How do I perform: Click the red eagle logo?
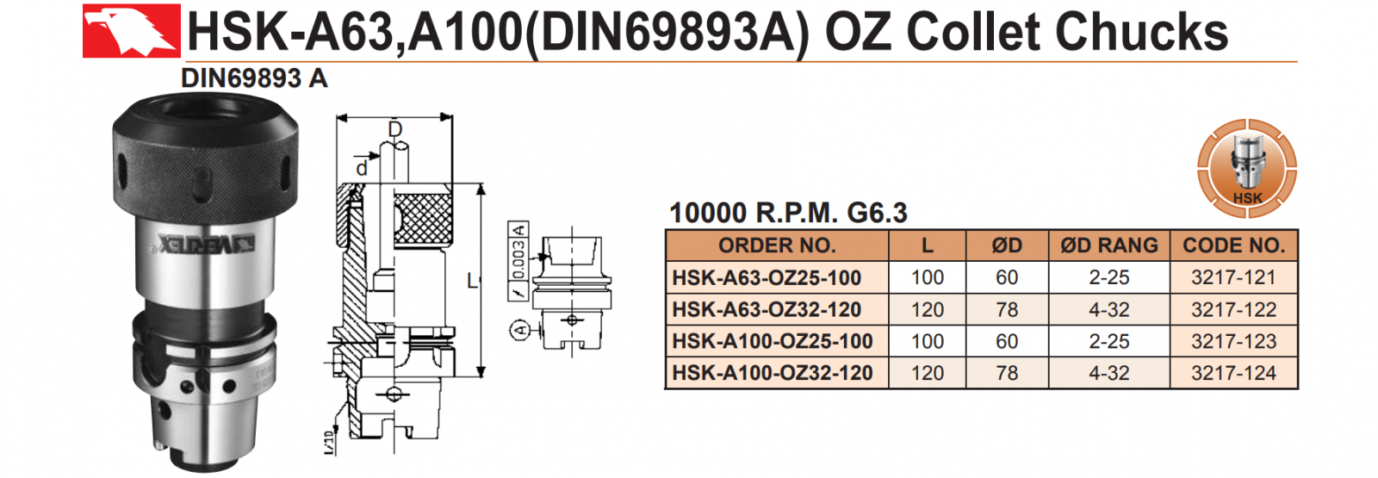pos(131,31)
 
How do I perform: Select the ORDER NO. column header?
pos(777,245)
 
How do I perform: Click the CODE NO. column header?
pos(1233,245)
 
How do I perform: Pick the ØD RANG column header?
pos(1109,245)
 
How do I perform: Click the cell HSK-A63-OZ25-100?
pos(767,277)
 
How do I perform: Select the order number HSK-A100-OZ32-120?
pos(773,373)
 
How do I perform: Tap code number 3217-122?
pos(1233,309)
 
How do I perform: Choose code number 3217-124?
pos(1233,373)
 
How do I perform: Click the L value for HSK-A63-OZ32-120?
pos(927,309)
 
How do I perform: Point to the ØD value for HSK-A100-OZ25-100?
pos(1006,341)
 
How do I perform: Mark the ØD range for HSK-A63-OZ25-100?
pos(1108,277)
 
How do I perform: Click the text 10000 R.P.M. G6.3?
pos(788,213)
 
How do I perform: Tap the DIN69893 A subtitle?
pos(254,78)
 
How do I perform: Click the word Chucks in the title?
pos(1141,32)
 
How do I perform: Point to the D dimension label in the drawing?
pos(394,130)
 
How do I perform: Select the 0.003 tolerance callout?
pos(518,259)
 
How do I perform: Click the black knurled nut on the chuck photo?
pos(205,164)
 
